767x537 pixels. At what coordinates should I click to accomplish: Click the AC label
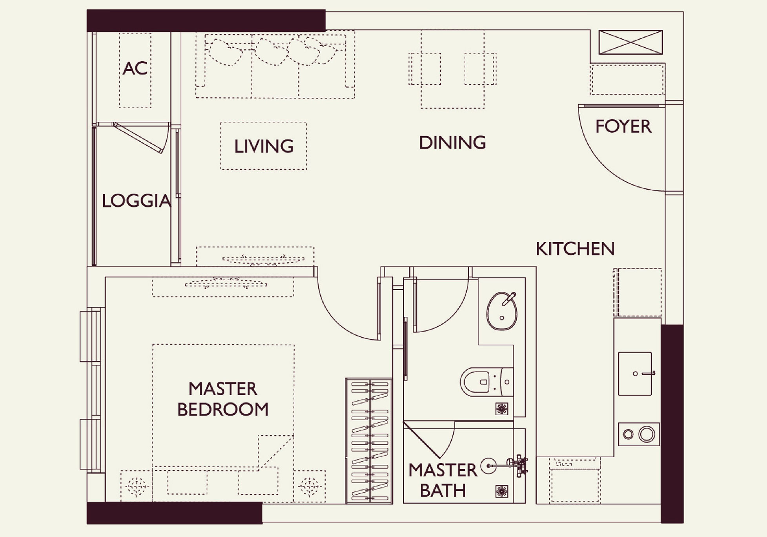click(135, 68)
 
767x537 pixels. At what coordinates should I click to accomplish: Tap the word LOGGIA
click(136, 201)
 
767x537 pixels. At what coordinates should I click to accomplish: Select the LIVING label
click(264, 146)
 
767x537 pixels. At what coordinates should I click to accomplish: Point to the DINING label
click(452, 142)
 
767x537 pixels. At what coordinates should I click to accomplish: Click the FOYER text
click(623, 126)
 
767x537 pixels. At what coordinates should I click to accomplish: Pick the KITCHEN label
click(575, 249)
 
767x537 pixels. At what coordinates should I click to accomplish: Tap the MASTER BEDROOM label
click(223, 399)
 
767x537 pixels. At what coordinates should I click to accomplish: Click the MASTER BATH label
click(443, 480)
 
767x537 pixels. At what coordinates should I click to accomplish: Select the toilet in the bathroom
click(486, 382)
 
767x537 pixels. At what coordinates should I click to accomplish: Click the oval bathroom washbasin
click(502, 311)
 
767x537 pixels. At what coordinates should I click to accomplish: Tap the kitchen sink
click(635, 374)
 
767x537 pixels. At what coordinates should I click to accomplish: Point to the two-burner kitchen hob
click(639, 434)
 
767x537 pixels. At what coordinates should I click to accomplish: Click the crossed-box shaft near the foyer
click(630, 42)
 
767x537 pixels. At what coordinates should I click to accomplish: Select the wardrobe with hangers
click(369, 441)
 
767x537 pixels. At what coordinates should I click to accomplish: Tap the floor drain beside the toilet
click(502, 409)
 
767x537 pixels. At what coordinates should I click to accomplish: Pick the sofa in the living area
click(275, 65)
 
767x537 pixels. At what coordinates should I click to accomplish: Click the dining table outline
click(452, 69)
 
